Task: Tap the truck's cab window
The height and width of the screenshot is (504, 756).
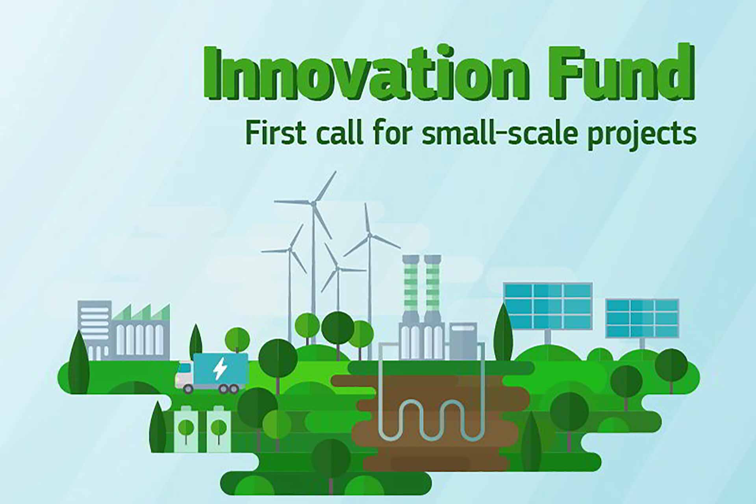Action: tap(183, 370)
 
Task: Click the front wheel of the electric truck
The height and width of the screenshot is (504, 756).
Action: tap(189, 389)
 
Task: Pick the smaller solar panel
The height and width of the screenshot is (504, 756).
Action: tap(642, 319)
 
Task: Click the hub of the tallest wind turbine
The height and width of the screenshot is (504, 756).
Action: tap(313, 204)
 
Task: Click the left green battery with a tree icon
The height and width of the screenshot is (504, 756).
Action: tap(186, 429)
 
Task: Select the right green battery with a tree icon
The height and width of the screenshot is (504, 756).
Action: tap(219, 429)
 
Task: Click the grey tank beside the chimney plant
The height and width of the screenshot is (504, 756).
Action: tap(463, 341)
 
